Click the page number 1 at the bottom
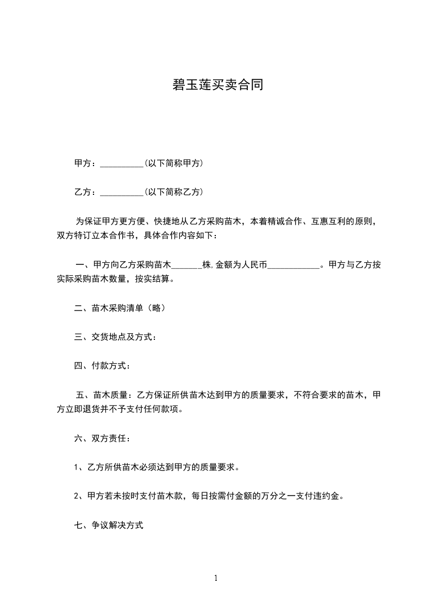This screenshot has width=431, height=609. click(x=216, y=578)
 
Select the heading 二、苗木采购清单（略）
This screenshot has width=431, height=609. click(x=120, y=308)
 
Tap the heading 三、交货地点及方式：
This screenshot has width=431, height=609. click(x=116, y=337)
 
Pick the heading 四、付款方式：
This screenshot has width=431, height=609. click(x=102, y=366)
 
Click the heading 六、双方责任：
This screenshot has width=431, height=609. click(x=102, y=437)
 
